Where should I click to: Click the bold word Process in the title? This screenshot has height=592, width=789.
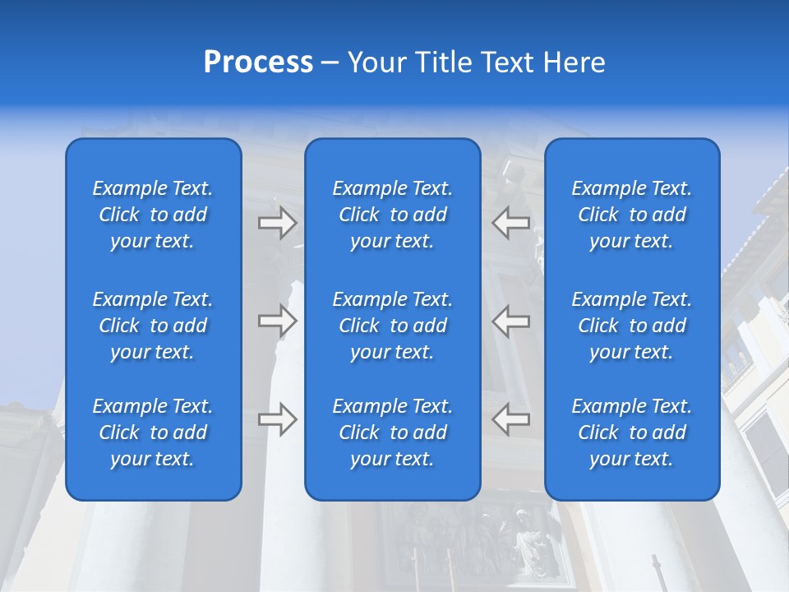point(258,62)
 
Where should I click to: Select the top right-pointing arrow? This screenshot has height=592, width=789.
point(277,223)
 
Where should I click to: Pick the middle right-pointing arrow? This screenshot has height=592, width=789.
point(277,321)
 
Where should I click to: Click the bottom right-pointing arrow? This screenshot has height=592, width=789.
point(277,419)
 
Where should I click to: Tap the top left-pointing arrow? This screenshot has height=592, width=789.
point(511,223)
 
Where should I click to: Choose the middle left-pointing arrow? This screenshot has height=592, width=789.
point(511,321)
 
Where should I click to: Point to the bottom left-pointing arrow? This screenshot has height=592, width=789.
point(511,419)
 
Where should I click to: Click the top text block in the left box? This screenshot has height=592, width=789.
point(153,215)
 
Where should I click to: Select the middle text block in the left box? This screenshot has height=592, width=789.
point(153,326)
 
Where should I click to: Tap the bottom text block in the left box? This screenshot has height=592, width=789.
point(153,432)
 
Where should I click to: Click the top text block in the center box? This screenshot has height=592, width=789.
point(393,215)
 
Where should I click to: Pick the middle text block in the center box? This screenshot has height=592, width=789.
point(393,326)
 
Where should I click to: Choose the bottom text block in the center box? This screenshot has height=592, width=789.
point(393,432)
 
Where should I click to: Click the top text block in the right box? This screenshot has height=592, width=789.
point(632,215)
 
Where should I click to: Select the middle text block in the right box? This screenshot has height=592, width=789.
point(632,326)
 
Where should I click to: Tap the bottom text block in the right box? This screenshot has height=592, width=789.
point(632,432)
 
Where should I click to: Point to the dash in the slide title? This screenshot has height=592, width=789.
point(330,63)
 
